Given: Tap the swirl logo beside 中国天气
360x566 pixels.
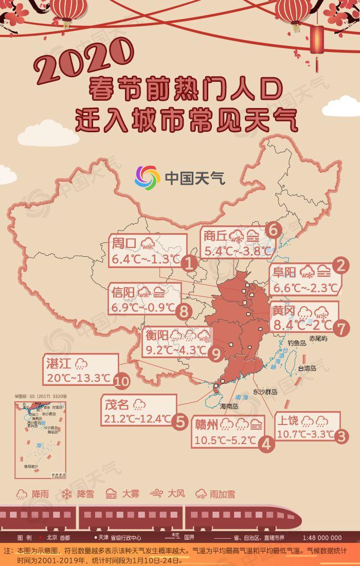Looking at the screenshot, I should [148, 178].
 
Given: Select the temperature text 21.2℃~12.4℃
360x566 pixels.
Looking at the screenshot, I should [137, 418].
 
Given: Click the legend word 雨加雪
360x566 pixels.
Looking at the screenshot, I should [222, 494].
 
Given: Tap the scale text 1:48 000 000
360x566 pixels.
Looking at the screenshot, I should [322, 538].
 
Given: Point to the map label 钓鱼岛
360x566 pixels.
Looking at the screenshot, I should [297, 342].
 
